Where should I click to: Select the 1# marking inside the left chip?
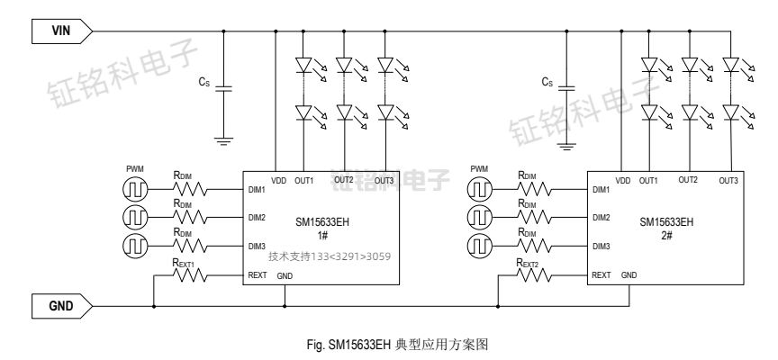click(x=321, y=233)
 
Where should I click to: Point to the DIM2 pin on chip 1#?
click(x=257, y=217)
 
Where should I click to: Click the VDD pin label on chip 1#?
click(x=277, y=180)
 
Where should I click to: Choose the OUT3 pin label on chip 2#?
click(x=729, y=180)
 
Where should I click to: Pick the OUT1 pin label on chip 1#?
click(x=303, y=180)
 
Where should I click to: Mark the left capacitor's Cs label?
click(x=204, y=82)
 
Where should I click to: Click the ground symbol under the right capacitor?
click(x=566, y=142)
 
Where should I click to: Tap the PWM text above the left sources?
click(x=133, y=169)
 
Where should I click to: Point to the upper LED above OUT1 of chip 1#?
click(x=303, y=66)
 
